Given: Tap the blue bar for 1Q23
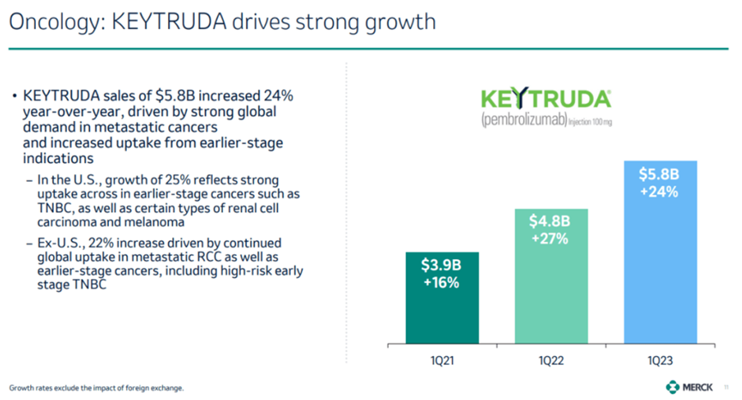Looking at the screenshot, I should pos(658,275).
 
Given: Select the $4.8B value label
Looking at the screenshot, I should pos(551,221).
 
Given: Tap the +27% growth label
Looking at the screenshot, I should pos(551,239).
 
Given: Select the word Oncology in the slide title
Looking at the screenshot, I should pos(52,21).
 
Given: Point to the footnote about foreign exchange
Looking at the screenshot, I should pos(96,387).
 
